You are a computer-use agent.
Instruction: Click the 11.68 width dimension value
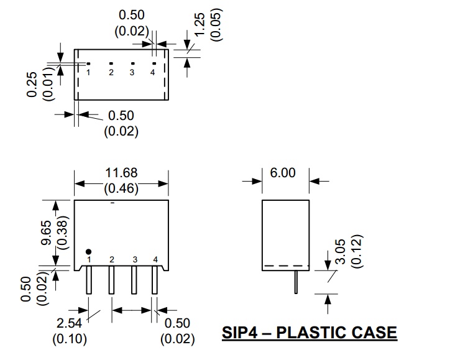coord(122,172)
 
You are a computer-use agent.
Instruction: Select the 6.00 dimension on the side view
coord(283,172)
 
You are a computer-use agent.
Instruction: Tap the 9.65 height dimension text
coord(46,231)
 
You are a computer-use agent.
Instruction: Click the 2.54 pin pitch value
coord(69,324)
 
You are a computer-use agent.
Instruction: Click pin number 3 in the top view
coord(132,73)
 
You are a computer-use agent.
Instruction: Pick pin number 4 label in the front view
coord(155,259)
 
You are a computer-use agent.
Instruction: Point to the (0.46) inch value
coord(122,188)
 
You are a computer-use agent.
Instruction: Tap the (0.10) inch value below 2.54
coord(69,339)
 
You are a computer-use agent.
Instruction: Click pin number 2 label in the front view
coord(112,259)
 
